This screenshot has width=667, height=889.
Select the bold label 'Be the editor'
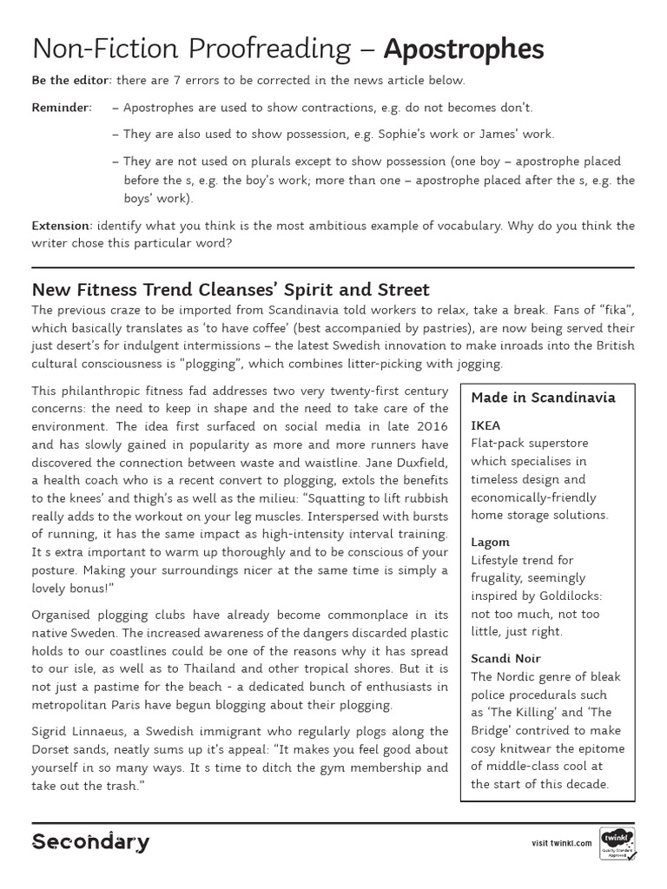point(71,81)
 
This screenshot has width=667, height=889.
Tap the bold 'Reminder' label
point(61,108)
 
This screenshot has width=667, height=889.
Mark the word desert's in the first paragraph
point(80,346)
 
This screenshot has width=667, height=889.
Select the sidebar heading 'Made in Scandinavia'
point(543,398)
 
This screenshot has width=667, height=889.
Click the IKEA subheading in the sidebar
point(485,426)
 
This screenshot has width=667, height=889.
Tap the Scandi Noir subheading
point(505,658)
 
